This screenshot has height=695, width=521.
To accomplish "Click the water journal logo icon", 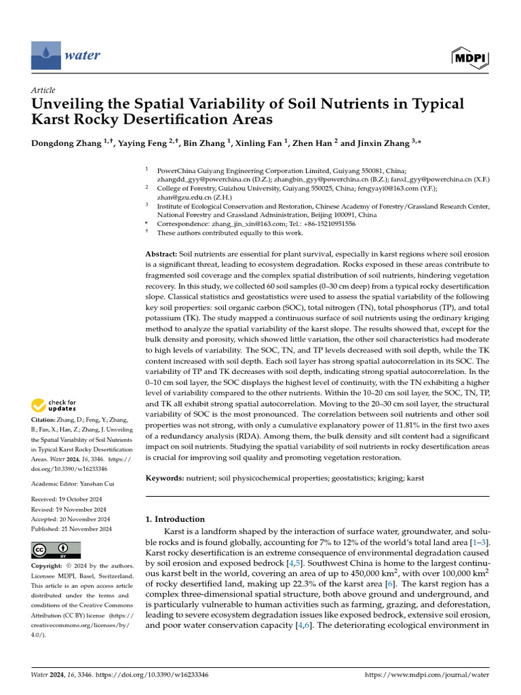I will [x=45, y=54].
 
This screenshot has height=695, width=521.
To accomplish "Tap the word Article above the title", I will [x=43, y=90].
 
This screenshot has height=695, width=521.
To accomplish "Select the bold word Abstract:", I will [x=161, y=253].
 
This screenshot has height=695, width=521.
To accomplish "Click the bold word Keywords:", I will [x=166, y=478].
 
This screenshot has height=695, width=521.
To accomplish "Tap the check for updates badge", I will [x=55, y=406].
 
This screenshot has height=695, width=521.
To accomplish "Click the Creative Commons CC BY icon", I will [x=56, y=550].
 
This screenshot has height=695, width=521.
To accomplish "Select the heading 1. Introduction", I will [x=175, y=519].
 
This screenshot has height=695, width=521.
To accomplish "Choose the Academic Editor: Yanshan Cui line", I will [x=74, y=483].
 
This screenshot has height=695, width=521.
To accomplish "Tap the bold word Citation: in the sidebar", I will [x=45, y=421].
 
